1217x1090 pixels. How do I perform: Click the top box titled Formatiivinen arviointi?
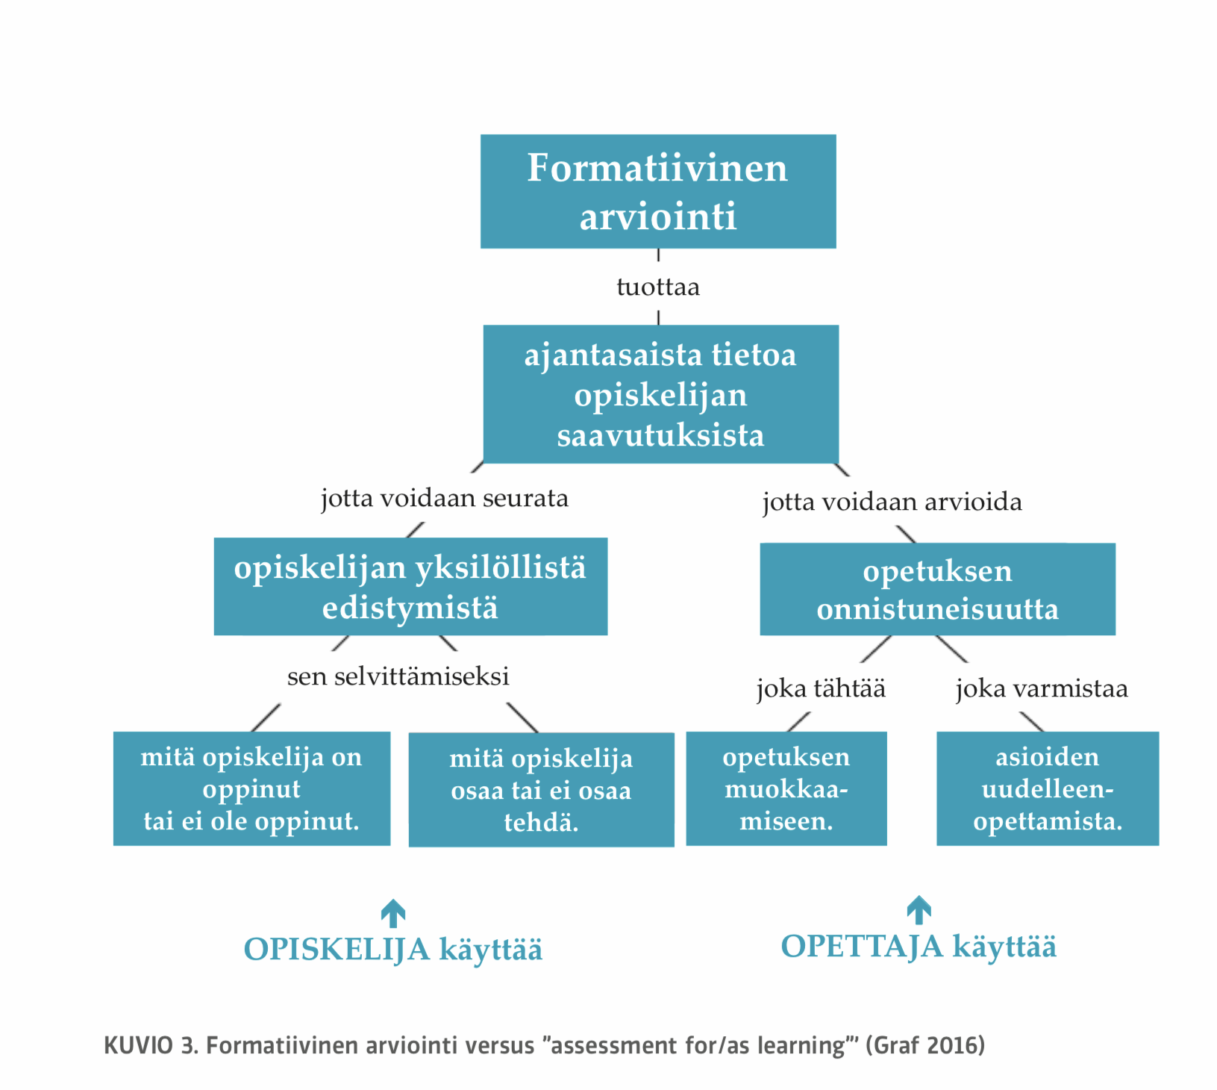pos(657,191)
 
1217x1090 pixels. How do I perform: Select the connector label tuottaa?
pos(657,287)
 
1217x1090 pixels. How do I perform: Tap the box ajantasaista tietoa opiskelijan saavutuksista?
pos(660,394)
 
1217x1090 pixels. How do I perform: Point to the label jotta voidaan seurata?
pos(444,498)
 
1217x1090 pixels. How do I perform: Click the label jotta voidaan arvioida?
pos(892,502)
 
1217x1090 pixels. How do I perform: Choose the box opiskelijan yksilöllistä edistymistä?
pos(410,587)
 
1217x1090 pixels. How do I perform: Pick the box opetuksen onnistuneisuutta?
pos(937,590)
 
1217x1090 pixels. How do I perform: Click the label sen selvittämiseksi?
pos(398,676)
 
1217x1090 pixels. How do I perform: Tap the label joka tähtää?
pos(821,688)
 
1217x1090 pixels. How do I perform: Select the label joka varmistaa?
pos(1041,688)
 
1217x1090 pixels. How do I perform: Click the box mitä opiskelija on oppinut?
pos(251,788)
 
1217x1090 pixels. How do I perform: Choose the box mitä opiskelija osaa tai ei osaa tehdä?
pos(541,790)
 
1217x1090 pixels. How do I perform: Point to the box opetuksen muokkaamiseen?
pos(786,788)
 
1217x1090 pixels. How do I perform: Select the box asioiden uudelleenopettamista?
pos(1048,788)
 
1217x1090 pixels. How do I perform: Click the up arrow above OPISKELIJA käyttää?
pos(393,913)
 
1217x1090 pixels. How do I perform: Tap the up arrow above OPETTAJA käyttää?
pos(919,910)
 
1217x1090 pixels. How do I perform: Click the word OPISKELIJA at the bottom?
pos(337,950)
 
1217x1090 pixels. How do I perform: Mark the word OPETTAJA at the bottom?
pos(862,947)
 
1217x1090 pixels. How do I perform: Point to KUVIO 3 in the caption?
pos(150,1045)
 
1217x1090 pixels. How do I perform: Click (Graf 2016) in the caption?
pos(925,1045)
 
